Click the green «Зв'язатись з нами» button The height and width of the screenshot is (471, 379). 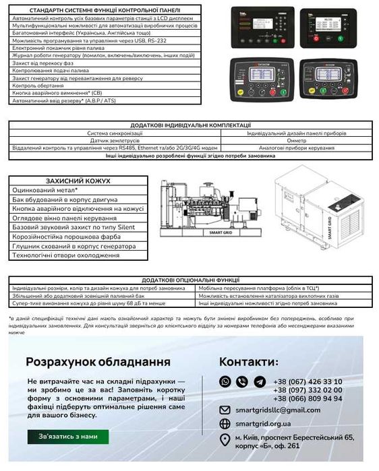67,436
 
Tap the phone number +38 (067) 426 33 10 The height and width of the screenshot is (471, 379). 308,381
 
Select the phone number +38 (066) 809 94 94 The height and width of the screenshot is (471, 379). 308,398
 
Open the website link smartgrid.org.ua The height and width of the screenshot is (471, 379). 263,423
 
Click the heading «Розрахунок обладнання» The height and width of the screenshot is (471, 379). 98,362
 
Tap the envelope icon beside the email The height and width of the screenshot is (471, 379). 225,410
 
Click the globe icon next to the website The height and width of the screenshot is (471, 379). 225,423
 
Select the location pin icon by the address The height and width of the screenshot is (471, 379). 225,440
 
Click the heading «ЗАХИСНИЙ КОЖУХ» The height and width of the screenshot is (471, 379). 78,181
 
